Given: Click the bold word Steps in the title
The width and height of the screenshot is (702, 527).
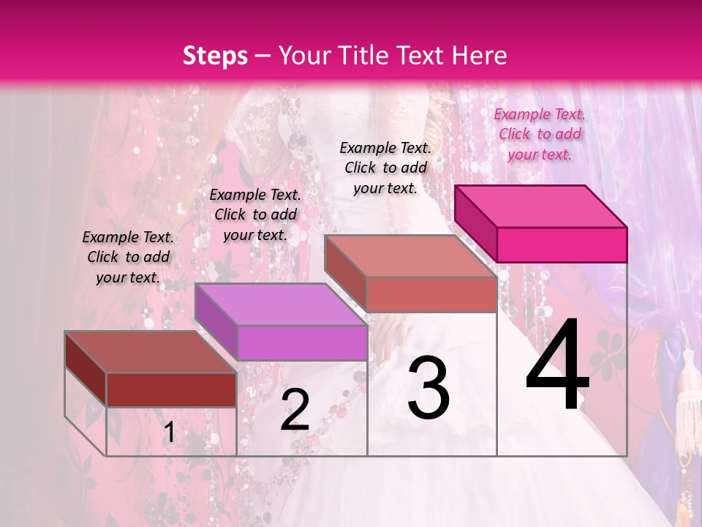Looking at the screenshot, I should click(x=215, y=56).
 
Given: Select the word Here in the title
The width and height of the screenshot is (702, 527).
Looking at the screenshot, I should click(x=480, y=56).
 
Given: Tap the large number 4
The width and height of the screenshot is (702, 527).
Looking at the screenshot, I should click(x=557, y=366).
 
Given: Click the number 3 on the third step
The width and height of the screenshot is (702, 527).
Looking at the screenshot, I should click(x=429, y=388).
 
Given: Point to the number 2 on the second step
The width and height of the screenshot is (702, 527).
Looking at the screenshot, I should click(x=295, y=410).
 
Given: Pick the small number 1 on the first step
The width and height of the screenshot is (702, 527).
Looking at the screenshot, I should click(x=169, y=433).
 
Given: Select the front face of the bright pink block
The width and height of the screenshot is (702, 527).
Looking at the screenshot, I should click(x=562, y=244).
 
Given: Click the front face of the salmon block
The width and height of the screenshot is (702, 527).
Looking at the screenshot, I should click(x=431, y=294).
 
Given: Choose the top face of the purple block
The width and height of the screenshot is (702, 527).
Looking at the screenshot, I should click(x=282, y=304).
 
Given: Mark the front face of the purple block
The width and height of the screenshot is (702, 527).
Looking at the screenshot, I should click(x=302, y=343).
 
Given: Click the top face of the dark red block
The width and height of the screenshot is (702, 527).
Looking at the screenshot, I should click(x=151, y=351).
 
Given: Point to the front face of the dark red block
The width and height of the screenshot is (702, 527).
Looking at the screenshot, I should click(x=171, y=389).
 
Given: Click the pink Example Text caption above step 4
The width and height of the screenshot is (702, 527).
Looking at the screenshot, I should click(x=540, y=134).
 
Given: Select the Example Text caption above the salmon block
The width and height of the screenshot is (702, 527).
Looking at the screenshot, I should click(x=385, y=168).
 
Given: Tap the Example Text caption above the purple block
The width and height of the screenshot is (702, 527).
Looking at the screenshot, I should click(x=255, y=214).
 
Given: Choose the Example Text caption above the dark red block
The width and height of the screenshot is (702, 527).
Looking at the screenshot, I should click(x=128, y=257).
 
